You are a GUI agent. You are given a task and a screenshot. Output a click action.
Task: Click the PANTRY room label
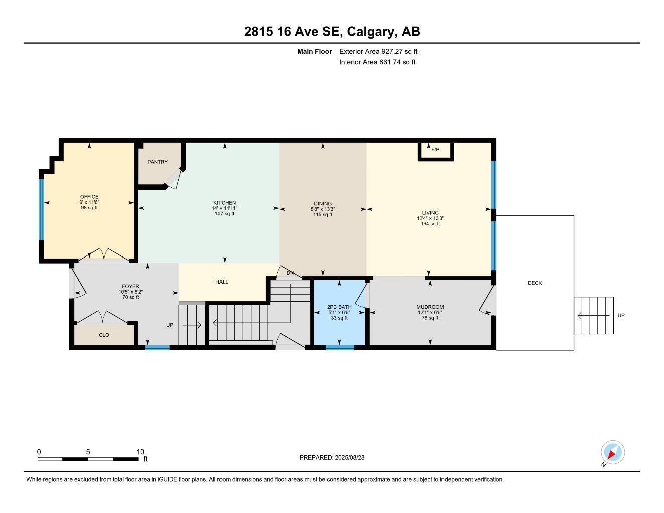click(x=157, y=162)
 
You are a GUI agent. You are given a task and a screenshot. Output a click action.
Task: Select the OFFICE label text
click(x=89, y=197)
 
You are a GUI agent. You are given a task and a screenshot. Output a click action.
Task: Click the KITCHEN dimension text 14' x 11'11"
click(x=225, y=208)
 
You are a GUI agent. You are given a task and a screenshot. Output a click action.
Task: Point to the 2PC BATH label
click(x=339, y=307)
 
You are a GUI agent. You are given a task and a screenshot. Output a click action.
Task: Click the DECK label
click(x=535, y=283)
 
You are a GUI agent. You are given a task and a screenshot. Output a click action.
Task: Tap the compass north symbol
click(x=612, y=453)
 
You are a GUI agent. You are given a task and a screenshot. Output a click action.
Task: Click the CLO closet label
click(x=104, y=335)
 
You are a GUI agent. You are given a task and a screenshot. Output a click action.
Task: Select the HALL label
click(x=222, y=282)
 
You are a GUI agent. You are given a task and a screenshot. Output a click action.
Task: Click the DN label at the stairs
click(x=290, y=273)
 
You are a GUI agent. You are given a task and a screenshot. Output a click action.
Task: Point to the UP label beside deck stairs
click(x=621, y=315)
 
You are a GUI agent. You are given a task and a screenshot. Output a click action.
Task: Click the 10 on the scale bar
click(x=140, y=451)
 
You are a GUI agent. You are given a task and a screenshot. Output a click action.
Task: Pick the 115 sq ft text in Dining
click(x=323, y=215)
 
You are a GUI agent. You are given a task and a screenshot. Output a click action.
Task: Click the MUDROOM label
click(x=430, y=307)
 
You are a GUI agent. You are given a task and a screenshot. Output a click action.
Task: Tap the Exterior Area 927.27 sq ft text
click(x=378, y=51)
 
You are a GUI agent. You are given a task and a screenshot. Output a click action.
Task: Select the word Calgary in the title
click(x=370, y=32)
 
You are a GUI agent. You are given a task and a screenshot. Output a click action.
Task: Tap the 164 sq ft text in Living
click(x=430, y=224)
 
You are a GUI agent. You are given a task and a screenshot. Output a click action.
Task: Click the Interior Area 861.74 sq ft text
click(x=377, y=62)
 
